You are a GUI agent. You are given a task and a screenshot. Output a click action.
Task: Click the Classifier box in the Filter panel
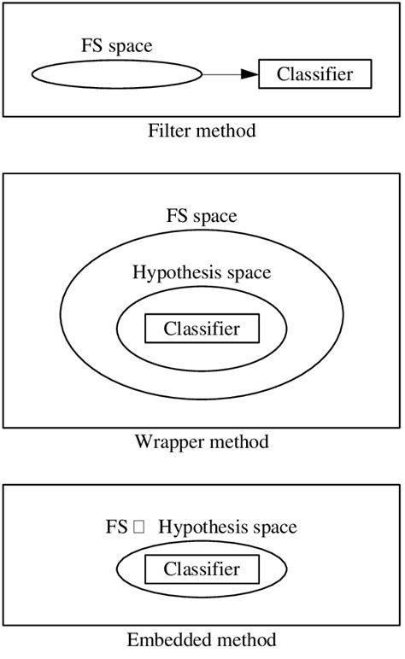click(x=315, y=75)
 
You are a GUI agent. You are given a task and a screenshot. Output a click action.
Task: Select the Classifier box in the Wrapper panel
click(x=202, y=329)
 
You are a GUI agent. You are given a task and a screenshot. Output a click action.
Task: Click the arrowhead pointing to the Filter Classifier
click(x=249, y=75)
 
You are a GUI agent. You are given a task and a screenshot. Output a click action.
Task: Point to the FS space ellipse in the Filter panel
click(x=116, y=75)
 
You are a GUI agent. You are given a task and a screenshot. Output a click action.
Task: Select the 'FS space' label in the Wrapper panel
click(x=202, y=217)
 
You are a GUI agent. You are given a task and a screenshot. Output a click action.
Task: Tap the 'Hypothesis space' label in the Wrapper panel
click(x=202, y=273)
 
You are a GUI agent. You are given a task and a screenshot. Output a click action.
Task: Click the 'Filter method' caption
click(x=202, y=131)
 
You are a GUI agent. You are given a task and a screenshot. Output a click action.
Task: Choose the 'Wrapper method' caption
click(x=202, y=442)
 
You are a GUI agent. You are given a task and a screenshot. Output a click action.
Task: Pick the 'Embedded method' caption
click(x=202, y=639)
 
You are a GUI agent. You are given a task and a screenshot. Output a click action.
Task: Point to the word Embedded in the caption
click(x=163, y=639)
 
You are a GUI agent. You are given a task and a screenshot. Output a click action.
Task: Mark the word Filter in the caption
click(x=167, y=131)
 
